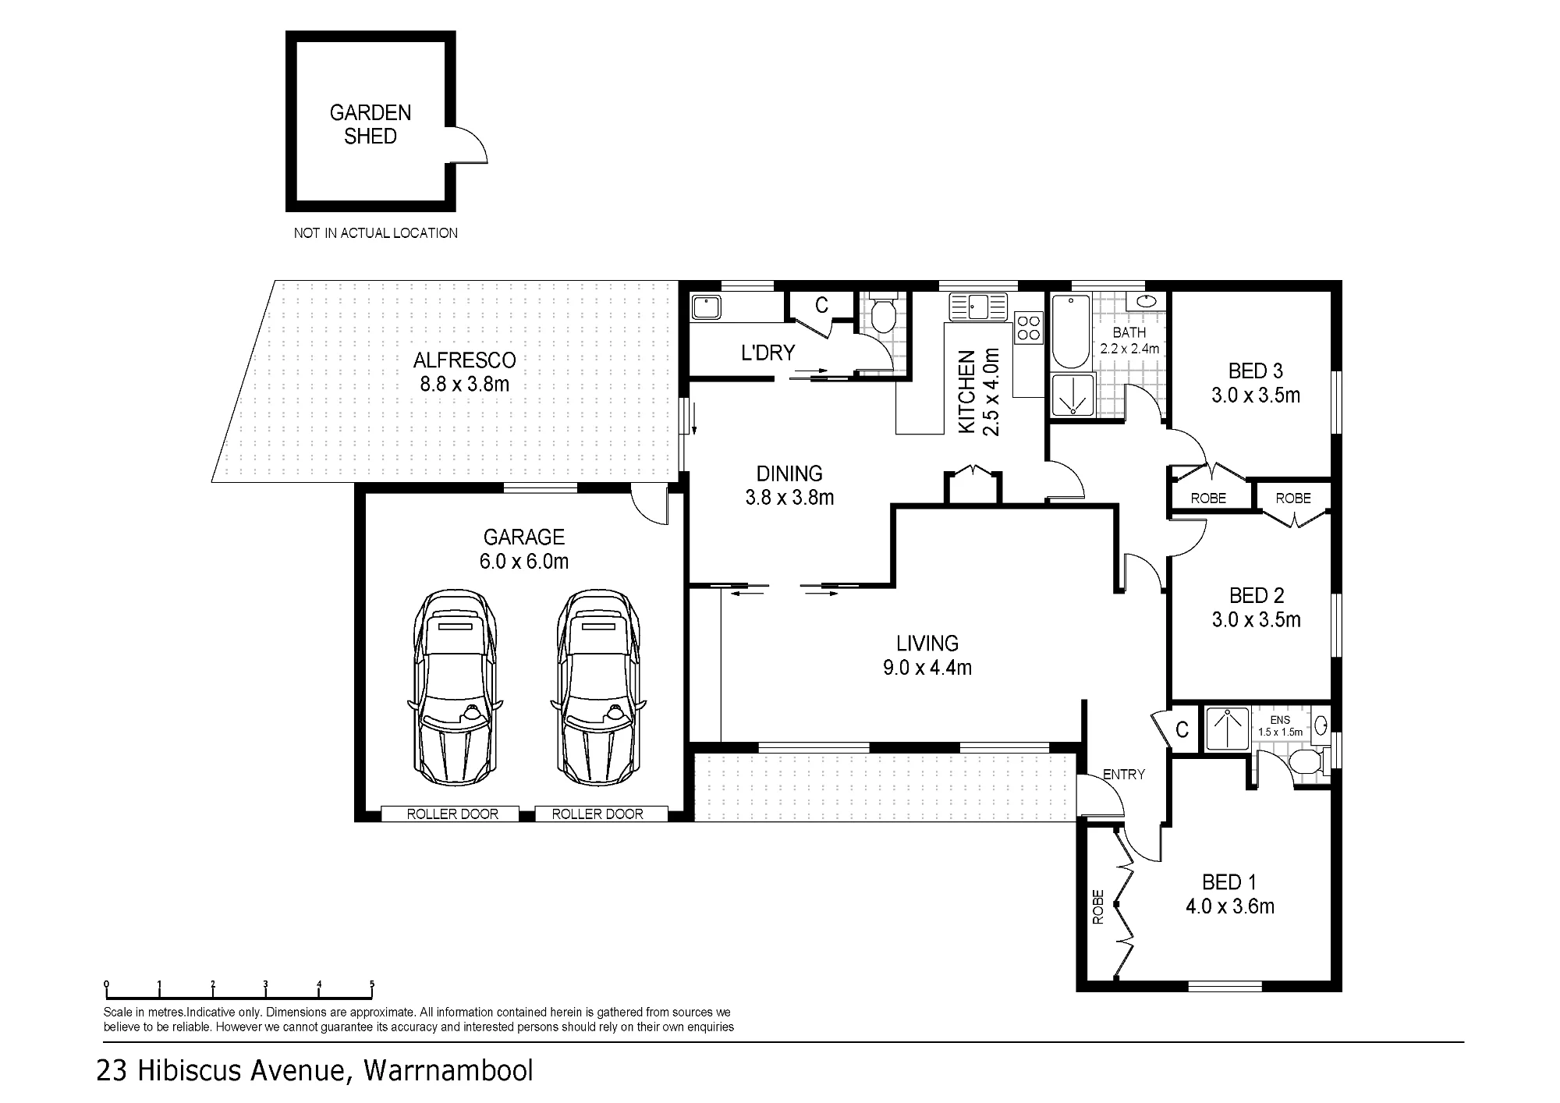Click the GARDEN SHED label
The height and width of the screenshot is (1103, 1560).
(370, 125)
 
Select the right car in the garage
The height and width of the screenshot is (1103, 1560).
(598, 688)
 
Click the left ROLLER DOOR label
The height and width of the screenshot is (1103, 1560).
(452, 814)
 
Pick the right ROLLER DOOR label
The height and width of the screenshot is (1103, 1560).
(597, 814)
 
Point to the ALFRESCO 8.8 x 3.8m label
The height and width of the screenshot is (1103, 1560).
(465, 372)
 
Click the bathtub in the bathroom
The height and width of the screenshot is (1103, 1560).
(1071, 332)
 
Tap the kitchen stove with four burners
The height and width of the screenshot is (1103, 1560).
(1029, 328)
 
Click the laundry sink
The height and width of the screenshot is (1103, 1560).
(705, 307)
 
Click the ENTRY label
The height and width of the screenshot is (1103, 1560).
(1124, 775)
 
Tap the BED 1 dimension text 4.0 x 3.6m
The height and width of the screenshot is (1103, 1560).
(1230, 906)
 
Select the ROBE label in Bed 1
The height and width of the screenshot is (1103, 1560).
(1098, 907)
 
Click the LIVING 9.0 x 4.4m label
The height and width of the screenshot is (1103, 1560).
(927, 655)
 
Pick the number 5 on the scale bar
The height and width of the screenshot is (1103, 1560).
(372, 984)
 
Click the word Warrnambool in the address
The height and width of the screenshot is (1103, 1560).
(448, 1070)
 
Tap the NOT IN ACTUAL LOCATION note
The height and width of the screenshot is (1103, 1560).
(375, 233)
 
